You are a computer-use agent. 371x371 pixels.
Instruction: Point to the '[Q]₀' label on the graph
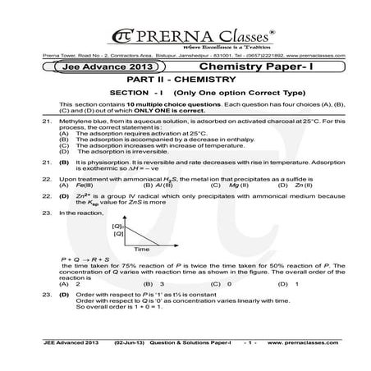click(x=117, y=225)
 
